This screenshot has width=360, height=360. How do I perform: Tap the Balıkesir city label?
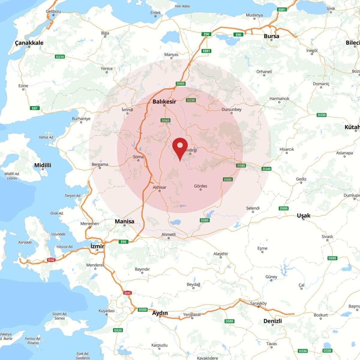[164, 102]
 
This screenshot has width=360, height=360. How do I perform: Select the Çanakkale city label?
[29, 43]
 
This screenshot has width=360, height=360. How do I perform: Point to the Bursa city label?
[271, 36]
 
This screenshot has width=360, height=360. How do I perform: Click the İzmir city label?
[97, 246]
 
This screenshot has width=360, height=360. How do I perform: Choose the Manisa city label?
[124, 221]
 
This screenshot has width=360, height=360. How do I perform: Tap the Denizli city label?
[272, 321]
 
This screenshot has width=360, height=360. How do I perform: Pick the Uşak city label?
[304, 215]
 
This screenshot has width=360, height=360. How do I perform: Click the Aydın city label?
[160, 313]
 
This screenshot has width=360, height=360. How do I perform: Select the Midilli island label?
[43, 165]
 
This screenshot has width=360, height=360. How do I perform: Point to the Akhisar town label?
[159, 187]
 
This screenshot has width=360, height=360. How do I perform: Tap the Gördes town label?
[200, 186]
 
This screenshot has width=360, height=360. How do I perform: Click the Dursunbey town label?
[231, 109]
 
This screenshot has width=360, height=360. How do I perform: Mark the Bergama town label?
[100, 164]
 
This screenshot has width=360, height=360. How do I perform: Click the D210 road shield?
[60, 57]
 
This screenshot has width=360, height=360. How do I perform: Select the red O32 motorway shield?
[51, 260]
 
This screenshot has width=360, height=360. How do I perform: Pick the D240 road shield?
[266, 169]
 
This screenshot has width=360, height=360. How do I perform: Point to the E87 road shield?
[35, 108]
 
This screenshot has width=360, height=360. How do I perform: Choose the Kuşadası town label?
[106, 311]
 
